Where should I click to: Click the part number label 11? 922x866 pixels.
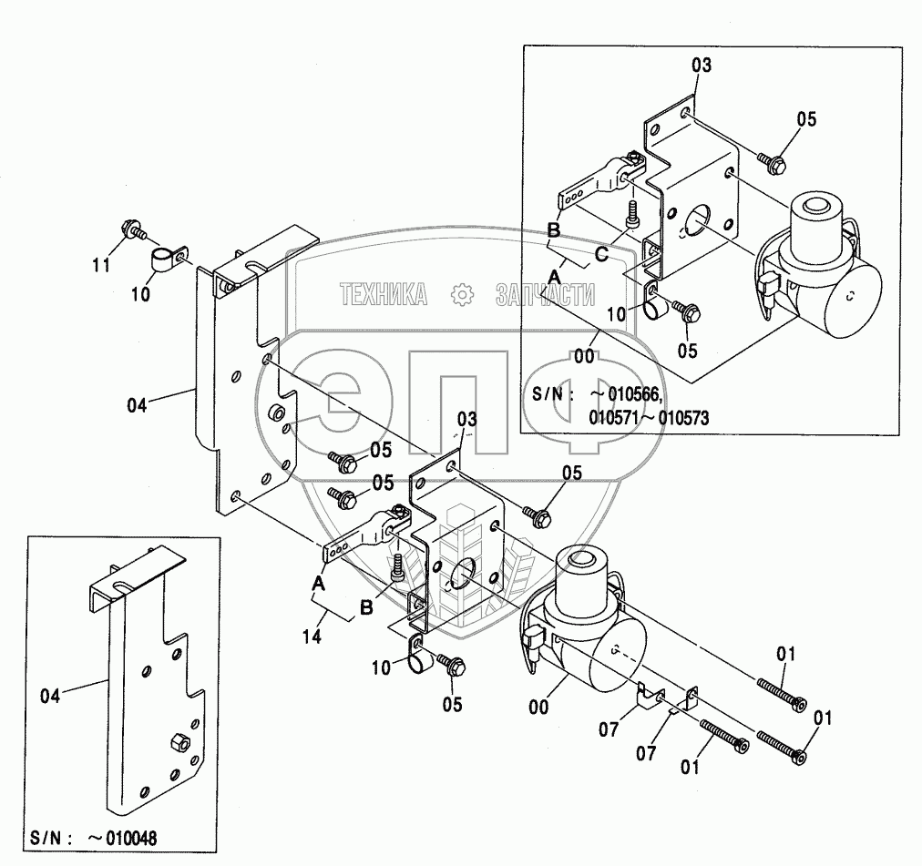click(101, 265)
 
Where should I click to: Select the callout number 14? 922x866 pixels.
click(312, 637)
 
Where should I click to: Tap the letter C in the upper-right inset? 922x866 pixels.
click(601, 255)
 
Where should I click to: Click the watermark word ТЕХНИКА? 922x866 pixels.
click(384, 294)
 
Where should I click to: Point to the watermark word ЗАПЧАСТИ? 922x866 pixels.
click(545, 294)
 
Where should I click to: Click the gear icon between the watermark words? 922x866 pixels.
click(462, 294)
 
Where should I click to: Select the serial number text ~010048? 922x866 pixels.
click(122, 838)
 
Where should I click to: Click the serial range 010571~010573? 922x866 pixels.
click(649, 418)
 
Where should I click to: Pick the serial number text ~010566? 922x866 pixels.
click(628, 394)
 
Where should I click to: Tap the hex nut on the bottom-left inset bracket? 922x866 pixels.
click(179, 742)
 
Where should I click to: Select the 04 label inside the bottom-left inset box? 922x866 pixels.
click(50, 696)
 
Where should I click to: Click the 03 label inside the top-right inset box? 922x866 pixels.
click(701, 66)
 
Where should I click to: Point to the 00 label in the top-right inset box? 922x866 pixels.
click(584, 356)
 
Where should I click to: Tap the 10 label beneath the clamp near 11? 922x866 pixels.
click(140, 293)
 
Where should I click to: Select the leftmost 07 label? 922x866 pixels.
click(609, 729)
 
